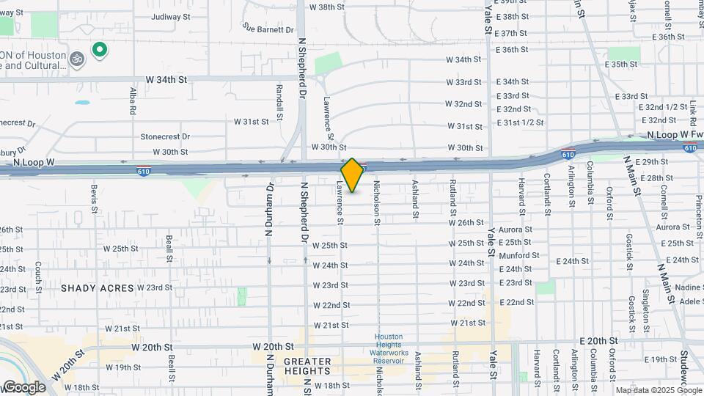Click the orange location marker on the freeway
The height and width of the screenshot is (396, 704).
coord(352,175)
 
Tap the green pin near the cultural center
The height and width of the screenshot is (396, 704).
coord(99,50)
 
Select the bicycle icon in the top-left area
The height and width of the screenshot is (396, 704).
coord(77,56)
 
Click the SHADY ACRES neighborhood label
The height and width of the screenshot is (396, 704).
coord(98,288)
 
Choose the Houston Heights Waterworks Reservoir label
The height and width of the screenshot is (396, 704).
coord(389,348)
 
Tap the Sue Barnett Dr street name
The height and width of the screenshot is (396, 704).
coord(268,29)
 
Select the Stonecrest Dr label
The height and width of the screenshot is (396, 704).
coord(165,136)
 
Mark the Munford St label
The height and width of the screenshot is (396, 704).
coord(519,255)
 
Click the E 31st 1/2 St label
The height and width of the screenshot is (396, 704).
coord(520,122)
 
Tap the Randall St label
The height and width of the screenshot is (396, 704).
coord(279,103)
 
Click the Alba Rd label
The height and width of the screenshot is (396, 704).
coord(133,100)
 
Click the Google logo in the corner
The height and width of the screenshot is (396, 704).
coord(23,387)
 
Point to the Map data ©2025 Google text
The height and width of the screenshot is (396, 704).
coord(658,390)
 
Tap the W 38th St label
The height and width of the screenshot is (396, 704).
coord(327,7)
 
